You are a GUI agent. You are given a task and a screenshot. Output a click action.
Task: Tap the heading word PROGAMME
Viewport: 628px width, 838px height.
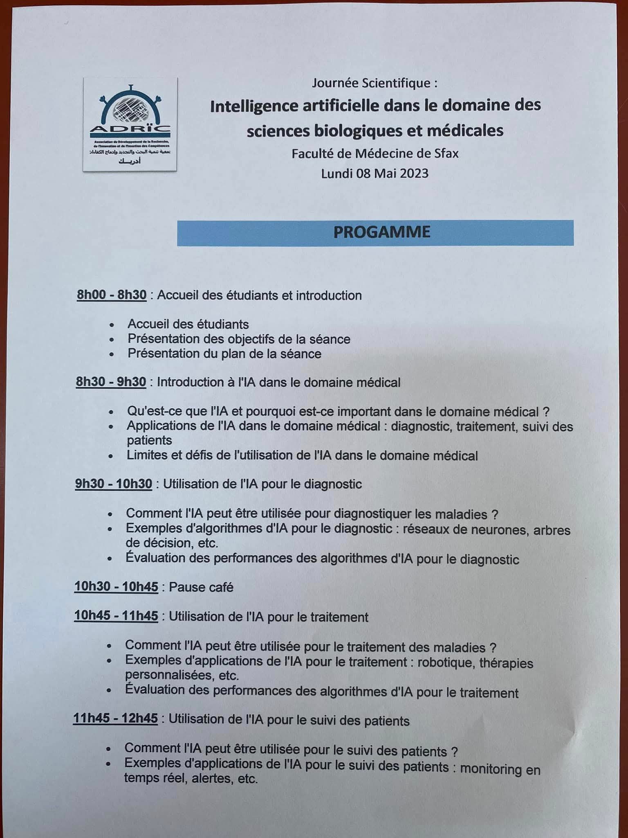(381, 232)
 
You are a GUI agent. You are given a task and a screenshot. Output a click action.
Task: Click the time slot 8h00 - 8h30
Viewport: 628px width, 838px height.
(112, 295)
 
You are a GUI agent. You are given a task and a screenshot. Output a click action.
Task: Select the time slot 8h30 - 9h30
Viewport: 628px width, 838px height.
(111, 382)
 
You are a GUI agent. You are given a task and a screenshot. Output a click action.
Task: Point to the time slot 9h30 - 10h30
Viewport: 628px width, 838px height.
(113, 484)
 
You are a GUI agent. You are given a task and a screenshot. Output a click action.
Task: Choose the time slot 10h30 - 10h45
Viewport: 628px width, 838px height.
(116, 587)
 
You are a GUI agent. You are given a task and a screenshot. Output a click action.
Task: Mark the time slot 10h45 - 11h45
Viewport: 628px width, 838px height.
(116, 616)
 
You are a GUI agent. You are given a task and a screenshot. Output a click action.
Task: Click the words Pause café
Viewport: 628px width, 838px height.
(201, 587)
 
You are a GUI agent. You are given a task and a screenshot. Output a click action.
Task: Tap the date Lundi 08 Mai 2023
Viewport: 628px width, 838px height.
(375, 173)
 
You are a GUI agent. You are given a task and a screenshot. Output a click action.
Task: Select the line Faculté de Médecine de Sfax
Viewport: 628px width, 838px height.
(375, 154)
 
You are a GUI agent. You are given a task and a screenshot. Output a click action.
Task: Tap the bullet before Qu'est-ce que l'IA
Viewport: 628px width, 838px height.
(111, 412)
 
